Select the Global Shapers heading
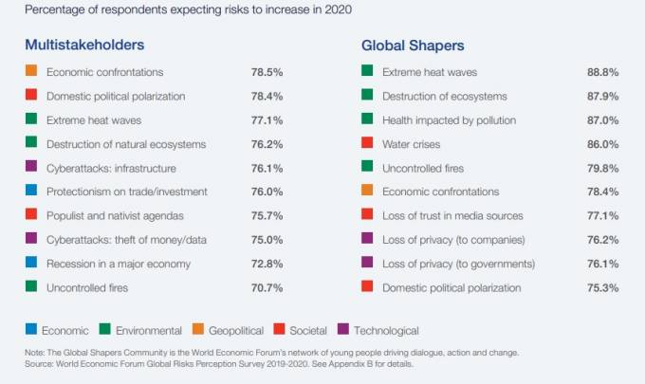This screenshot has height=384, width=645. click(413, 45)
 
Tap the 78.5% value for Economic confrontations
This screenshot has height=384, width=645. click(267, 72)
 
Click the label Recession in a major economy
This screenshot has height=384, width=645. click(119, 263)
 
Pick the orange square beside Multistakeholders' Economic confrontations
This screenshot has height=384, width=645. click(31, 71)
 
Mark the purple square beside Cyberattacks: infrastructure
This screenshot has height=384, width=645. click(31, 167)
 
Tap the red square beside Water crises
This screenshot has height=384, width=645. click(367, 143)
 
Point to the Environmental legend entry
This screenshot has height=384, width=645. click(148, 330)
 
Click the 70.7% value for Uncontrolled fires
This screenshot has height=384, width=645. click(267, 286)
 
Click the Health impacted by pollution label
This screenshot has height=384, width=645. click(449, 119)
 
